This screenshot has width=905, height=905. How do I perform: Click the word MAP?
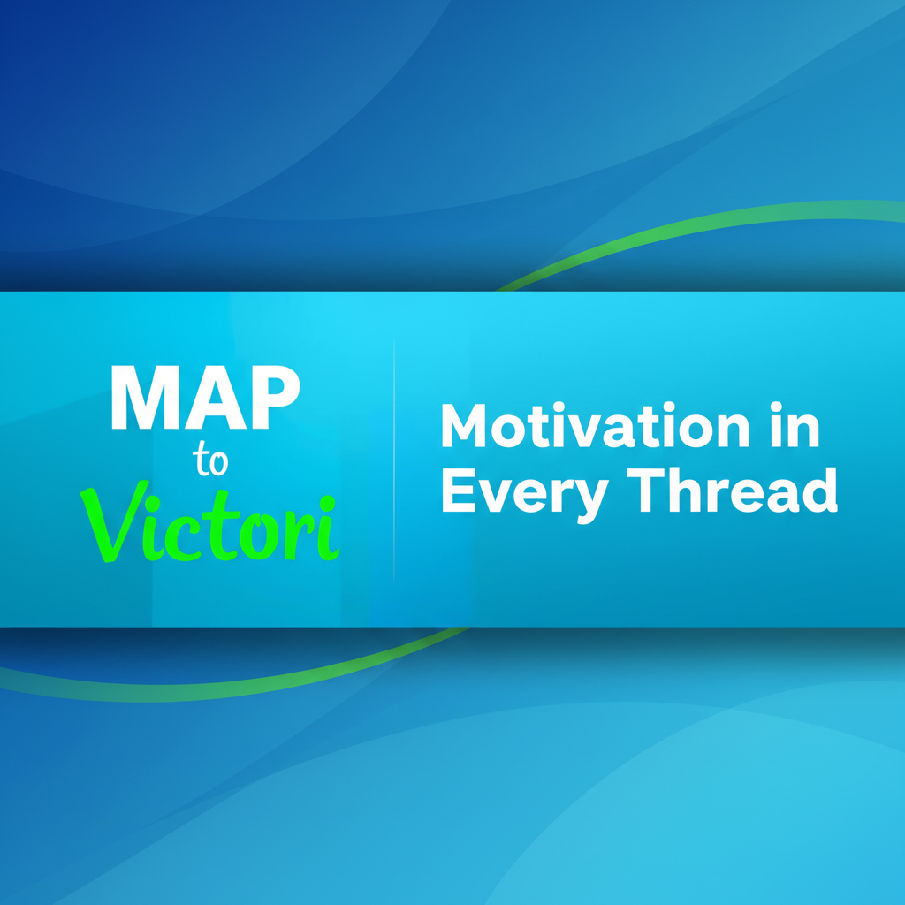click(x=205, y=397)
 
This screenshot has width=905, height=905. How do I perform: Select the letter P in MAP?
click(x=276, y=397)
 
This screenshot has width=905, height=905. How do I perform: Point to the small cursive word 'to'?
click(x=210, y=460)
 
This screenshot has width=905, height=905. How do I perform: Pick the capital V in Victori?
click(x=112, y=521)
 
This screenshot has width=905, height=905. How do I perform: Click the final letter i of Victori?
click(x=328, y=529)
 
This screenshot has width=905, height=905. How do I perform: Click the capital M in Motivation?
click(x=463, y=425)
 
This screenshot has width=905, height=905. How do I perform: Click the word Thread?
click(x=732, y=490)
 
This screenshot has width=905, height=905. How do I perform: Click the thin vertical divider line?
click(x=394, y=460)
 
